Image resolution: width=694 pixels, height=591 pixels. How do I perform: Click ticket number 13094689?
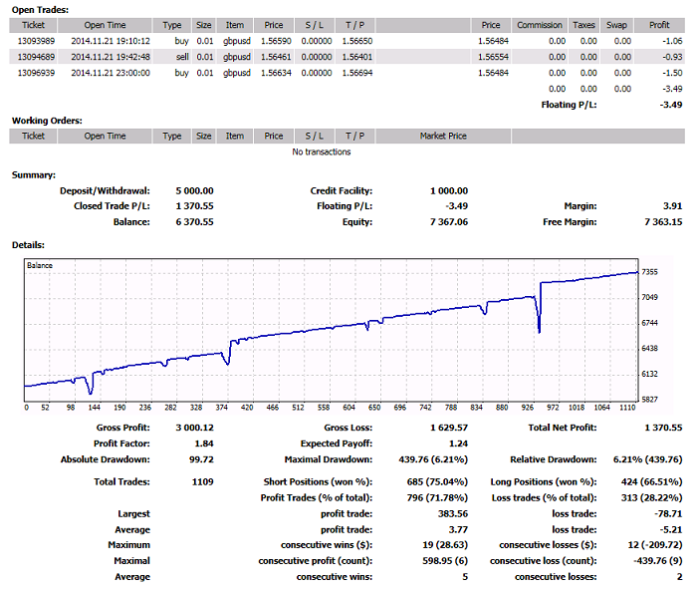[36, 57]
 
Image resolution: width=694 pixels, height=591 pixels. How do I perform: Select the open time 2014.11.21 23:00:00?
[111, 73]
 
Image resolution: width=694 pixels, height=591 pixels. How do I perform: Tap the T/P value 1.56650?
[357, 41]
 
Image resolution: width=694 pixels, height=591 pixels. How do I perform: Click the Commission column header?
[540, 25]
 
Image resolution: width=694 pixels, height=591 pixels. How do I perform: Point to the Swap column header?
[616, 25]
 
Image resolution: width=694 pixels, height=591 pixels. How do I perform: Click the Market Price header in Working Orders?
[443, 136]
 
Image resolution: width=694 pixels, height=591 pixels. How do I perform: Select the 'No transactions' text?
[322, 151]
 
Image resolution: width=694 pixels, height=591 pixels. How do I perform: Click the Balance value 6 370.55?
[195, 222]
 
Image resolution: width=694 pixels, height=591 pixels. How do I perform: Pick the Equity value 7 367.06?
[449, 222]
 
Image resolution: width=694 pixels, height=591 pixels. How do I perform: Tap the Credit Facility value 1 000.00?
[449, 191]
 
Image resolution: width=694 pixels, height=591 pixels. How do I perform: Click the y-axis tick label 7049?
[650, 297]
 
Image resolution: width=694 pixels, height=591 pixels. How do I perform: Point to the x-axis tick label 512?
[298, 408]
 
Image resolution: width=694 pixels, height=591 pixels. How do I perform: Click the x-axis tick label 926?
[527, 408]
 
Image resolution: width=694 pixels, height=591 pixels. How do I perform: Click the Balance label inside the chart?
[40, 265]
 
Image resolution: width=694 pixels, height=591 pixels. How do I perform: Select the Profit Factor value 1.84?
[204, 443]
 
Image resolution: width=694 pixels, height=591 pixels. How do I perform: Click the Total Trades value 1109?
[203, 482]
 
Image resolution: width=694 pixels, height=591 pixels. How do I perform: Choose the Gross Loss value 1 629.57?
[449, 428]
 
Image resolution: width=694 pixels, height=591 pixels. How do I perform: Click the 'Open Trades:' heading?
[40, 10]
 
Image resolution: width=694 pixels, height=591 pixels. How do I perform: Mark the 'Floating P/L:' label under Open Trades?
[569, 105]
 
